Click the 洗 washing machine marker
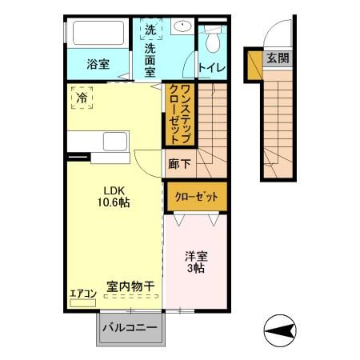tap(150, 30)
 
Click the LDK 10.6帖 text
tap(111, 196)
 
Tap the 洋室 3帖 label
tap(196, 262)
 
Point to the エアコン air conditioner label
tap(82, 294)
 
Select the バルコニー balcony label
tap(133, 329)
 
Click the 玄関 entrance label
tap(278, 58)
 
